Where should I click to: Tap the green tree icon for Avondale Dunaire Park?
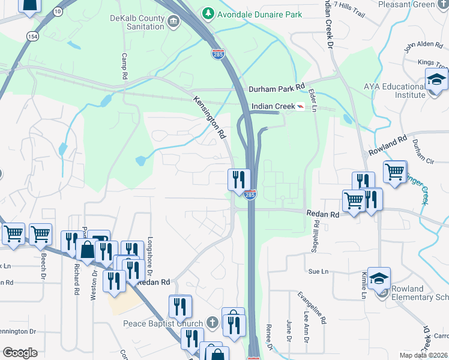point(208,13)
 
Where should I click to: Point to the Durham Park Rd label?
point(277,88)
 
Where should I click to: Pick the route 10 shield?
point(58,11)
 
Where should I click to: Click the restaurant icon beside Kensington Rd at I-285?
point(238,179)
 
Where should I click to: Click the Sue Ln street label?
point(319,272)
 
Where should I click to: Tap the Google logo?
point(20,353)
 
